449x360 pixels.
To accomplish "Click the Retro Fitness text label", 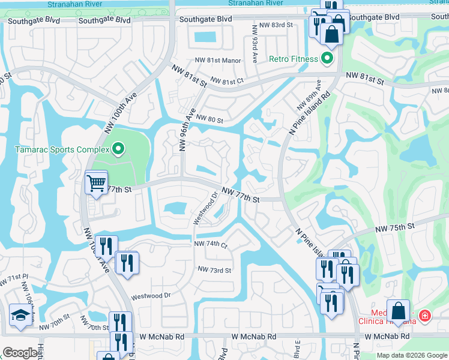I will click(293, 58).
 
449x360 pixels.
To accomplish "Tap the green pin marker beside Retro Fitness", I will click(327, 58).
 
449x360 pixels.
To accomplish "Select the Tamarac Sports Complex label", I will click(62, 149).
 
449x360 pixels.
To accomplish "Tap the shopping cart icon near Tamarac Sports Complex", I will click(96, 182).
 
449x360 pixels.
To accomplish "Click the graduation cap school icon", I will click(20, 314).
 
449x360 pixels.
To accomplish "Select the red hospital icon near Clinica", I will click(425, 315).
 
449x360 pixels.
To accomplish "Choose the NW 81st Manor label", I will click(217, 61).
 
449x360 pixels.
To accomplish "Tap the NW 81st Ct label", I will click(229, 80).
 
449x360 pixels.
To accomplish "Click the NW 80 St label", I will click(209, 120).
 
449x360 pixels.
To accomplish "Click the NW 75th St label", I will click(395, 229).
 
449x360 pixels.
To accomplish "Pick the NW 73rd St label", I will click(215, 271).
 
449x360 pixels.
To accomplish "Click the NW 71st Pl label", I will click(14, 279).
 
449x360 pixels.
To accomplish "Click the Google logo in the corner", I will click(20, 353).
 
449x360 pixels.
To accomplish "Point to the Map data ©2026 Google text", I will click(411, 355).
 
